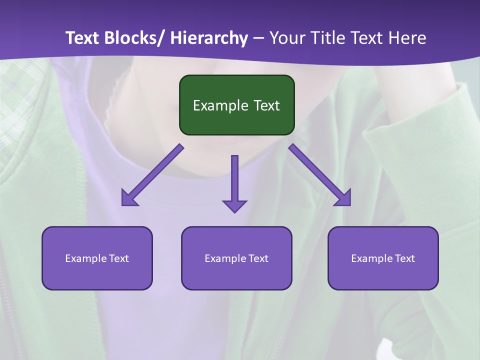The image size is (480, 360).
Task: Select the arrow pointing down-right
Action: [x=320, y=175]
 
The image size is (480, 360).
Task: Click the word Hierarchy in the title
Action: [x=209, y=38]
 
